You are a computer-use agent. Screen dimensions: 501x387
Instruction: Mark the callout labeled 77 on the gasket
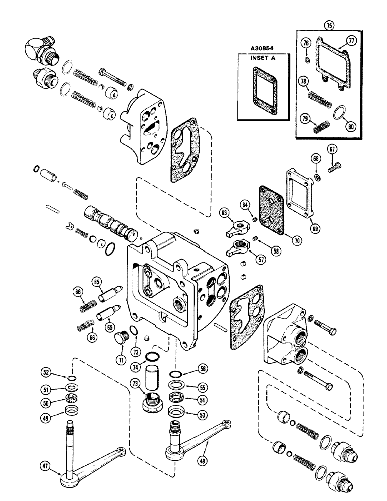351,43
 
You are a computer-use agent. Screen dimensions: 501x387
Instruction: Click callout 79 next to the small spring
304,119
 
